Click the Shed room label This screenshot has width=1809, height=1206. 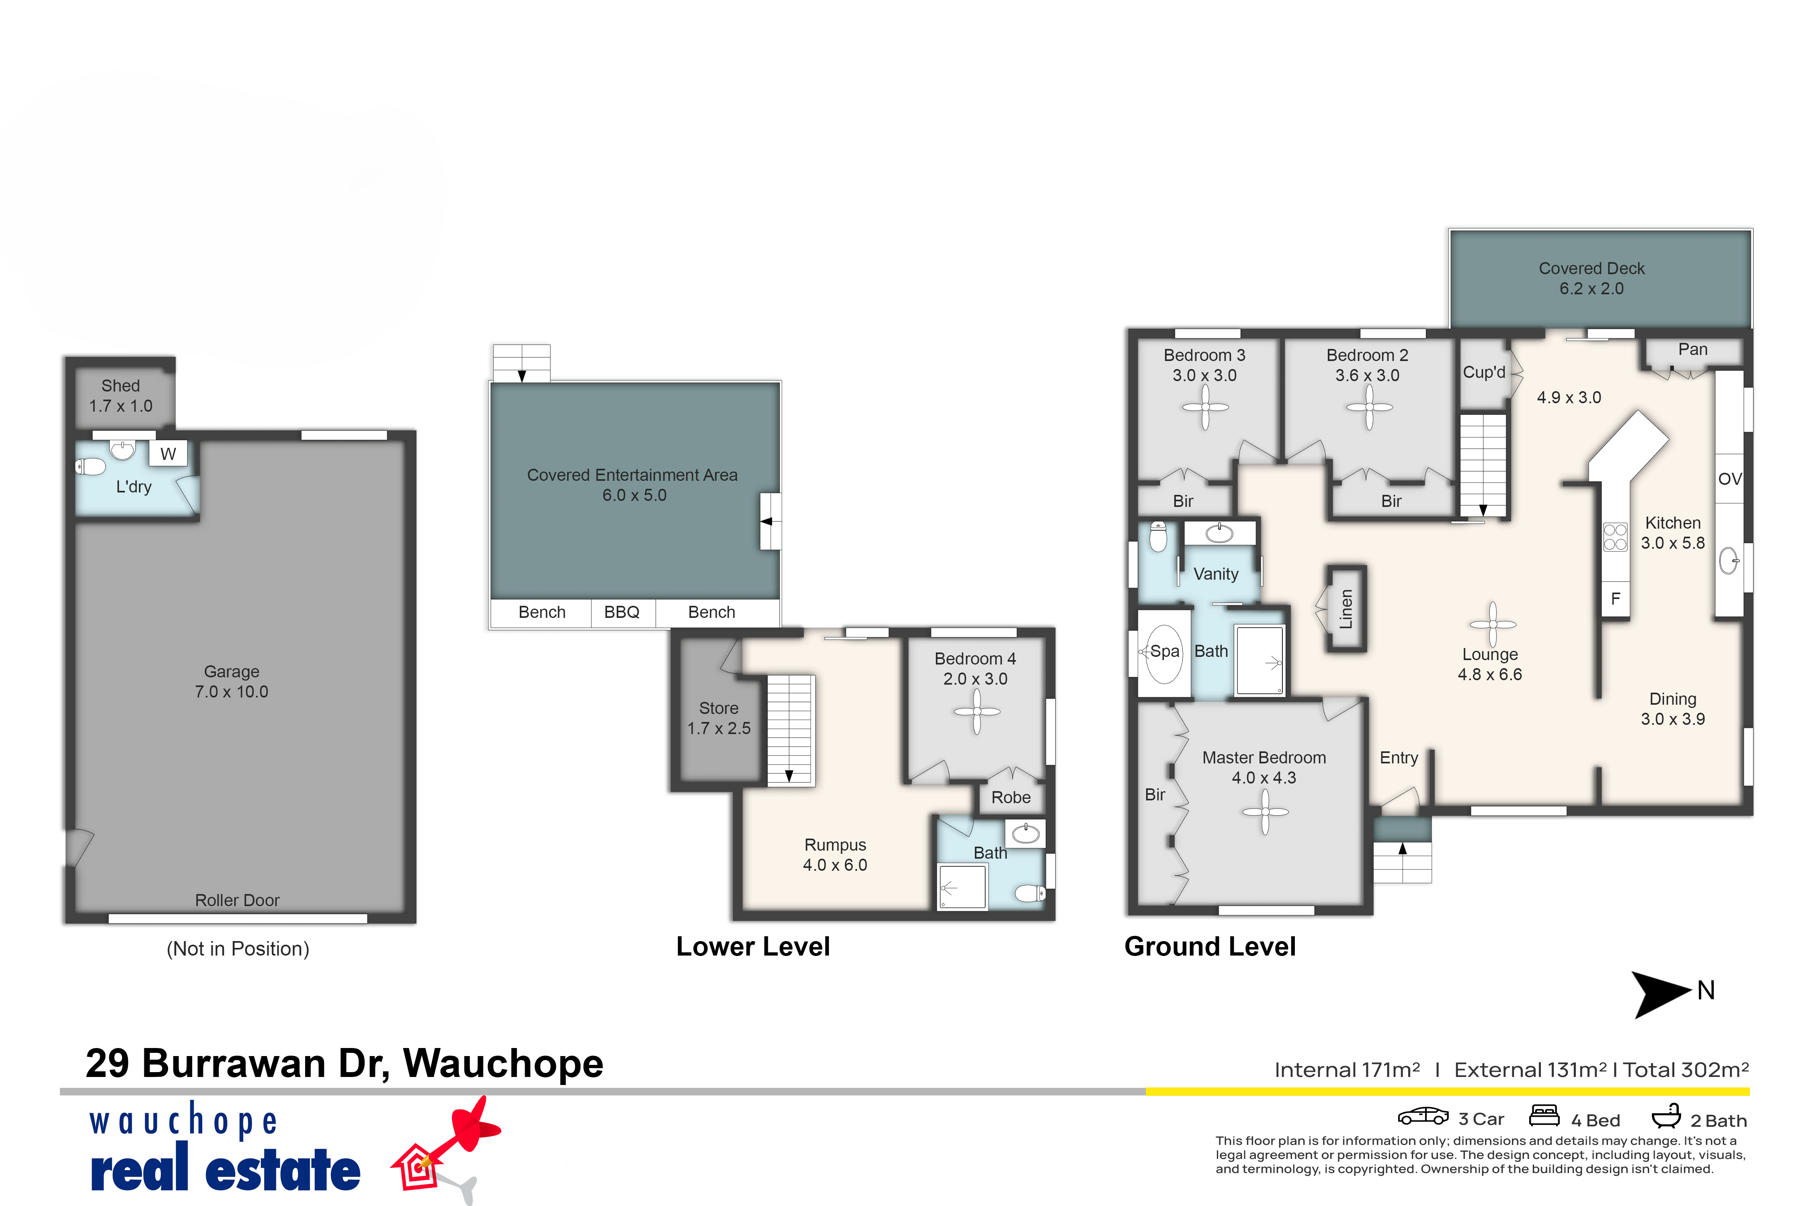point(121,386)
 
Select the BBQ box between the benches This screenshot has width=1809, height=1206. point(622,612)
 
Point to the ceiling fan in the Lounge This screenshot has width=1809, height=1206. point(1492,625)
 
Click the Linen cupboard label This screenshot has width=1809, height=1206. point(1346,609)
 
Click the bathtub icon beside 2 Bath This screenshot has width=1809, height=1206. point(1666,1116)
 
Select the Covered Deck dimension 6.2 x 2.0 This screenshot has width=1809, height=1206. point(1592,289)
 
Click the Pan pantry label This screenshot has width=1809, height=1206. point(1693,350)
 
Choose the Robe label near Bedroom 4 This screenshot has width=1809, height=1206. point(1011,798)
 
